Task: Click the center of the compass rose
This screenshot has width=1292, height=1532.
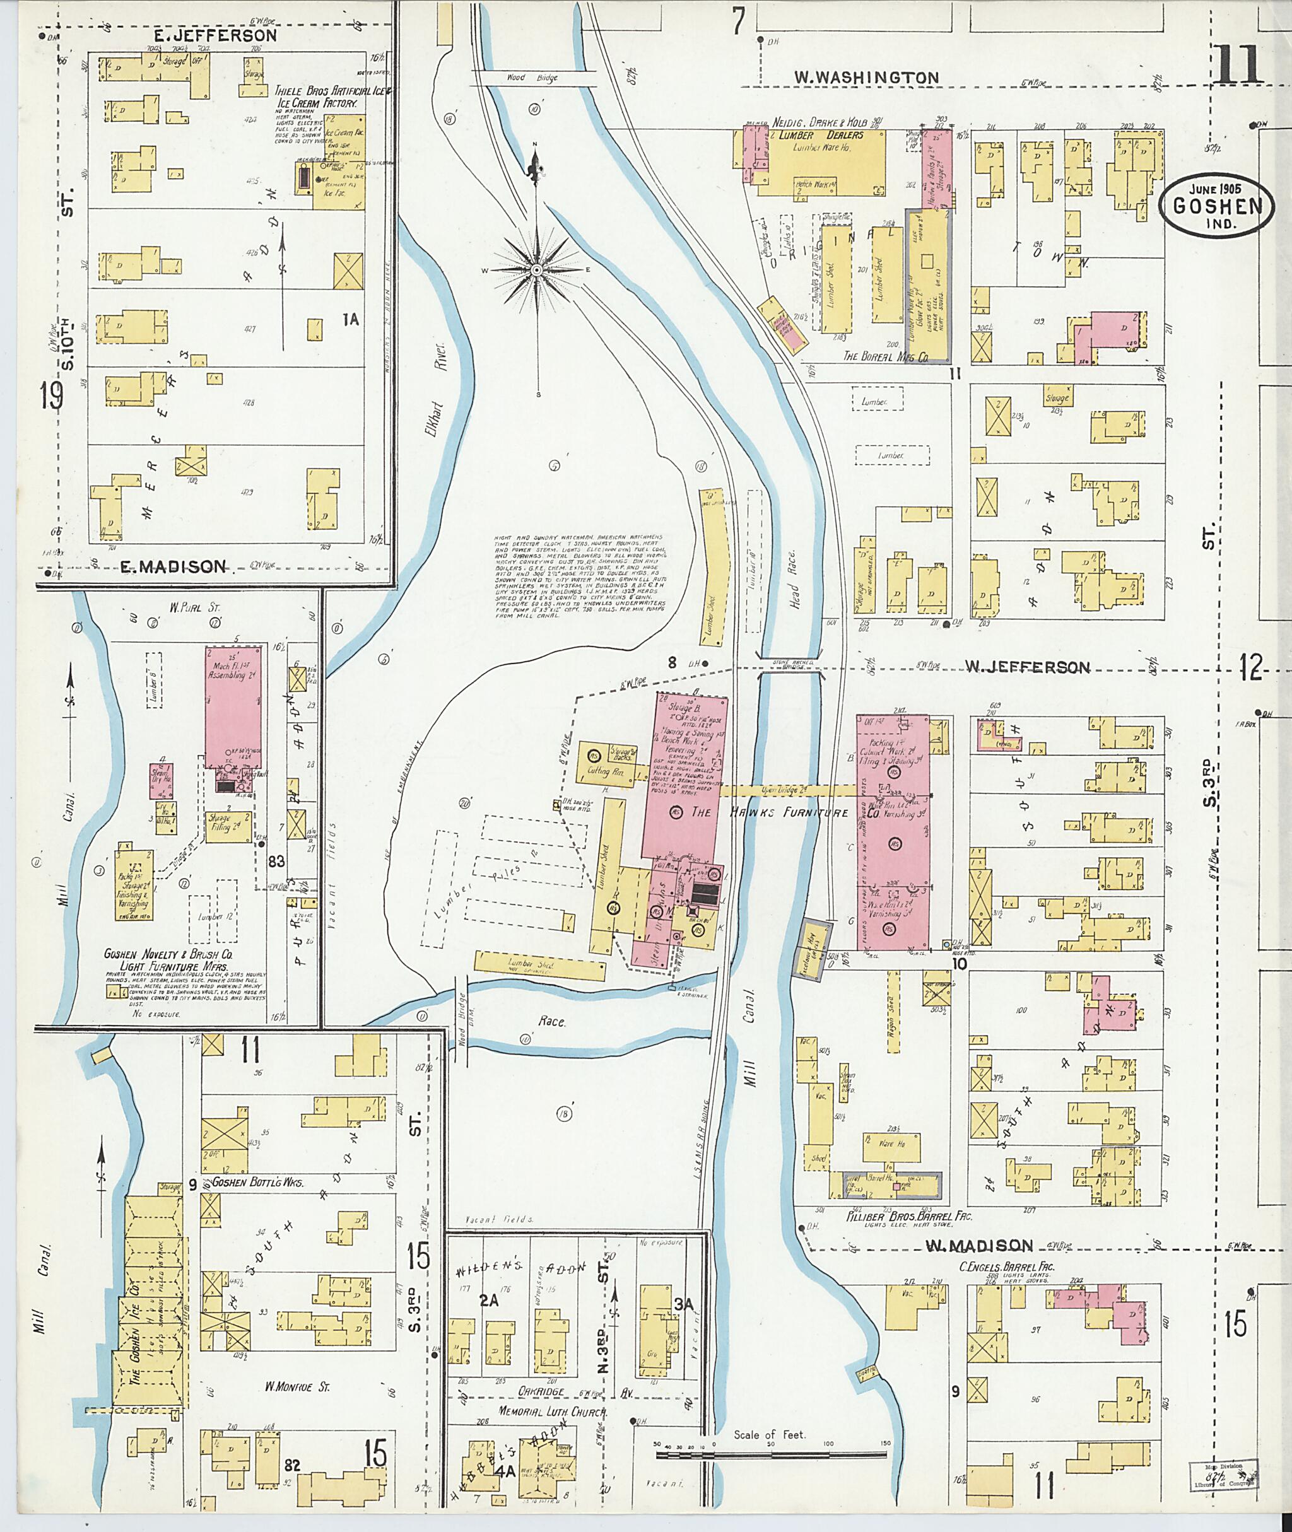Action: coord(537,270)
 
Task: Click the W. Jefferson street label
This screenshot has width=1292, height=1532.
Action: coord(1027,667)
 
